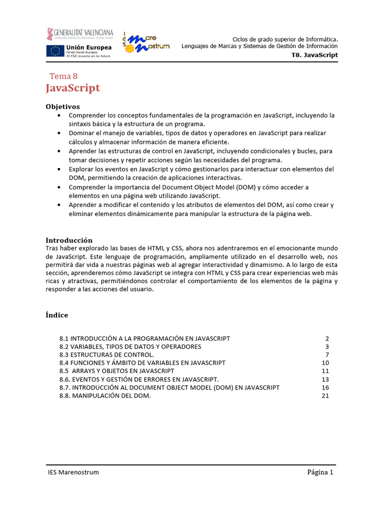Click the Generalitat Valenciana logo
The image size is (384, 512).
tap(80, 33)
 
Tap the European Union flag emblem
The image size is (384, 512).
tap(55, 50)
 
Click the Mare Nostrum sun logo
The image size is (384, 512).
tap(129, 48)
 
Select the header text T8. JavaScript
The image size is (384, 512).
tap(314, 55)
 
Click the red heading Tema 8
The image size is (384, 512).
tap(63, 76)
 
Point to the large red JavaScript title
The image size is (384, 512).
tap(73, 88)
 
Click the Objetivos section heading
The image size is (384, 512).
tap(62, 106)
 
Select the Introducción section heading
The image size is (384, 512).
tap(69, 240)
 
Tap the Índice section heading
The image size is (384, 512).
tap(57, 315)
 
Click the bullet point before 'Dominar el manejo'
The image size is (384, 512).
tap(60, 133)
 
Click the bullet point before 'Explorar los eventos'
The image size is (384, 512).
tap(60, 169)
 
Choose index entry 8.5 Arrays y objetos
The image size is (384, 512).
tap(116, 371)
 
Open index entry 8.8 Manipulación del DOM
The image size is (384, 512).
tap(105, 395)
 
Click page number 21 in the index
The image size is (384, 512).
tap(325, 395)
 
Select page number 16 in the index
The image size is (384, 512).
tap(325, 387)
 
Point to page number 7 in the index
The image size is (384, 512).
tap(327, 354)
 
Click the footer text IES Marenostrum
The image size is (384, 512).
tap(70, 472)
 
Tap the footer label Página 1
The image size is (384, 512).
tap(320, 472)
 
